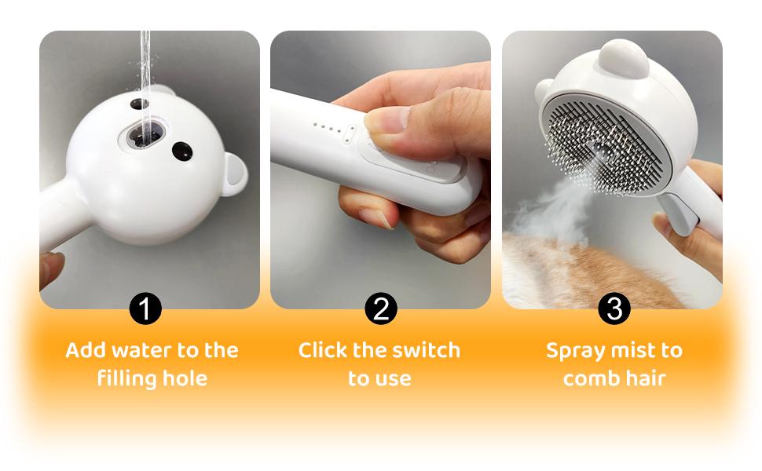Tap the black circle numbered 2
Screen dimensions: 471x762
tap(381, 309)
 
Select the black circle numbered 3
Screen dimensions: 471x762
tap(614, 309)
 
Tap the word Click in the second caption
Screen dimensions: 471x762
tap(324, 350)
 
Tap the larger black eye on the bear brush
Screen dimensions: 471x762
tap(183, 151)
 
